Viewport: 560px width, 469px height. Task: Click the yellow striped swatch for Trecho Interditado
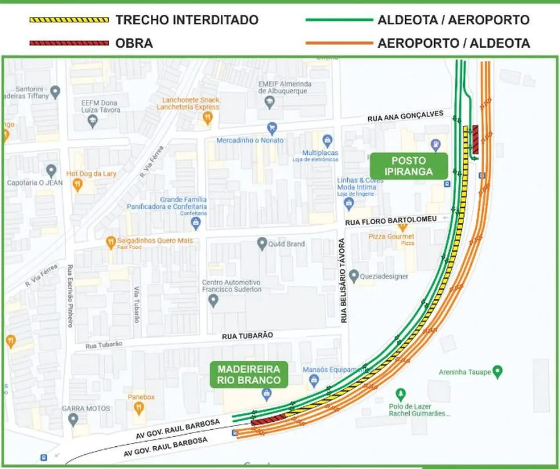[x=69, y=20]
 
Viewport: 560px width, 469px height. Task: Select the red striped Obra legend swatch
[x=69, y=43]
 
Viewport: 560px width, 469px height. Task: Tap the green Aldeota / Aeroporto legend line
[x=338, y=20]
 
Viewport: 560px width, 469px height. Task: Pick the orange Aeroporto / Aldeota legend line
[x=338, y=43]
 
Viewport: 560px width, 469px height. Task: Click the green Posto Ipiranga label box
[x=409, y=166]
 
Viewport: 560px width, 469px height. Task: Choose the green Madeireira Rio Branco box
[x=249, y=375]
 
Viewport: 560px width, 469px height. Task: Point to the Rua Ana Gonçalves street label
[x=405, y=116]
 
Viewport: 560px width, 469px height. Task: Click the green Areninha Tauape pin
[x=498, y=372]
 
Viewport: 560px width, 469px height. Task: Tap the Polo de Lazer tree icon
[x=401, y=394]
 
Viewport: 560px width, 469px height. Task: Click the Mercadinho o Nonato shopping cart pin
[x=272, y=129]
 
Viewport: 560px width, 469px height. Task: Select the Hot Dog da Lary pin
[x=77, y=185]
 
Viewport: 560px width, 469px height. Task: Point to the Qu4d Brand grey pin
[x=262, y=244]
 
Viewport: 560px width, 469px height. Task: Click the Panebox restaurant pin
[x=139, y=408]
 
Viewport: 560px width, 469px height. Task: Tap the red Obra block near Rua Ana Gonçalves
[x=475, y=139]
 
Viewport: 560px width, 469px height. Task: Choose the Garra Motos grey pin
[x=72, y=420]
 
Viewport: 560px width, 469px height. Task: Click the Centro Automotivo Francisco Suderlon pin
[x=213, y=301]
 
